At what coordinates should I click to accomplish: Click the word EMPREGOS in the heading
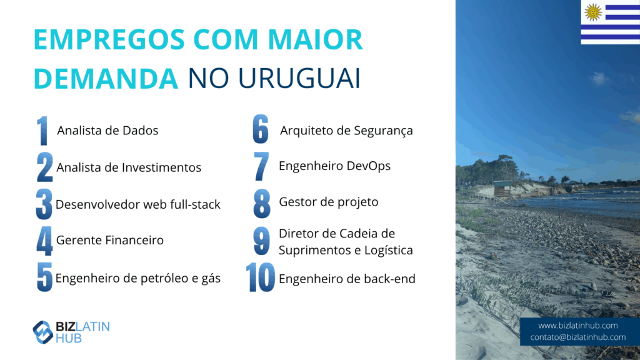[109, 39]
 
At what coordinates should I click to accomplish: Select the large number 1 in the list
[42, 131]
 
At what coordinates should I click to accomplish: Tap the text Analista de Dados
[107, 131]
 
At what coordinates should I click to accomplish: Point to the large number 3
[44, 204]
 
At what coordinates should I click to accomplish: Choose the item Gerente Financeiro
[110, 240]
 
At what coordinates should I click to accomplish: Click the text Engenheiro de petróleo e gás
[138, 278]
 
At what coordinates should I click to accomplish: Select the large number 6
[261, 129]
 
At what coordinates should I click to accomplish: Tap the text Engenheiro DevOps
[335, 166]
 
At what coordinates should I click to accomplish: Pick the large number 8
[262, 203]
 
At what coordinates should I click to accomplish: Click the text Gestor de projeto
[329, 202]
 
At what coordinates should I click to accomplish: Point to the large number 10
[261, 277]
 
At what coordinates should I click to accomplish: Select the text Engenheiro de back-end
[347, 279]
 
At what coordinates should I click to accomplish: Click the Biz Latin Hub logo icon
[42, 332]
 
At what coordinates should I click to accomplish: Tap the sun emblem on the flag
[593, 12]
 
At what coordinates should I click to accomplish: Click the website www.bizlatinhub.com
[577, 326]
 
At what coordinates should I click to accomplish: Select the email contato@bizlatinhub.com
[577, 337]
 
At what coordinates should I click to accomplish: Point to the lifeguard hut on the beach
[502, 192]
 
